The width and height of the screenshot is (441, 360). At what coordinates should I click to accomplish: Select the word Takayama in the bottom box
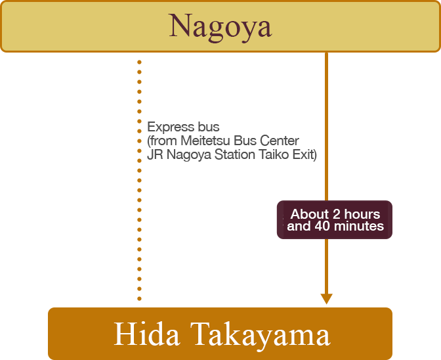click(x=260, y=334)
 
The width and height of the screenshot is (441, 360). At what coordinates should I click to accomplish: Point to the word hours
click(x=362, y=214)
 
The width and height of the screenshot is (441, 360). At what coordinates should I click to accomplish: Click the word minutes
click(x=358, y=226)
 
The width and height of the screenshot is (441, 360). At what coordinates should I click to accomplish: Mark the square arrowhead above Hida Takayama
click(x=326, y=300)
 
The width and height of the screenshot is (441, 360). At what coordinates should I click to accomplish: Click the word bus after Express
click(x=210, y=127)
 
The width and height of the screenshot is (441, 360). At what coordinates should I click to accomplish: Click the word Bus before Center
click(x=246, y=141)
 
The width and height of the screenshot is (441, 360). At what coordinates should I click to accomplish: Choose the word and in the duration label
click(x=299, y=226)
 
